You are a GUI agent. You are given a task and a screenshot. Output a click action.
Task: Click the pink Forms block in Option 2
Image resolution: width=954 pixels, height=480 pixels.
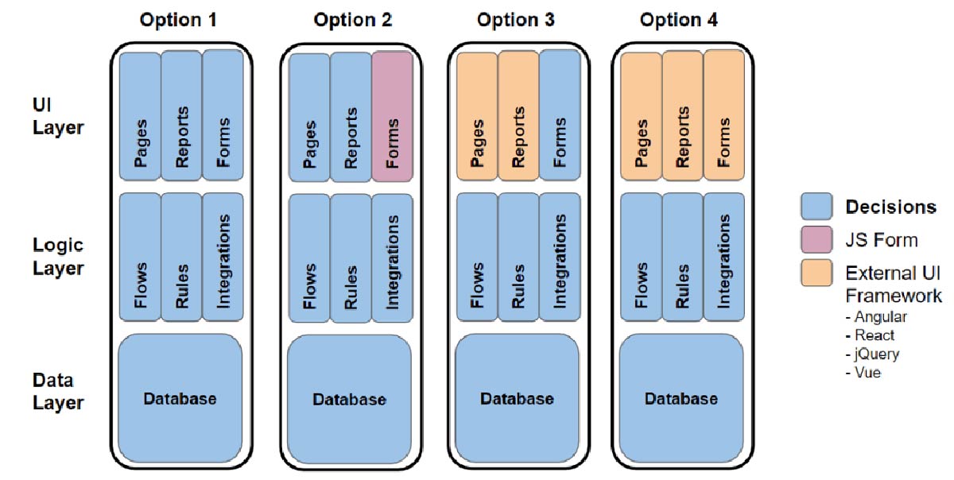[x=392, y=116]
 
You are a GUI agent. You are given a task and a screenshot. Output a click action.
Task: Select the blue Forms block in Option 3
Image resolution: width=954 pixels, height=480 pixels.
[x=560, y=115]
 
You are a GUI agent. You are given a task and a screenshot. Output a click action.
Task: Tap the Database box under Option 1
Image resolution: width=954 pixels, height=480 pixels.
[x=180, y=398]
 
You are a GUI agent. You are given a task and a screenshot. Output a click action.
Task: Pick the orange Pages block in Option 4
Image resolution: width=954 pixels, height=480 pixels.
[x=641, y=116]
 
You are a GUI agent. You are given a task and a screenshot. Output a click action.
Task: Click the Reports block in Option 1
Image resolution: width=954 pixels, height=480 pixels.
[x=181, y=115]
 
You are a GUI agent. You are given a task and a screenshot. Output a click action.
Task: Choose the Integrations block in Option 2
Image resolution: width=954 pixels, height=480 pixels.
[x=392, y=258]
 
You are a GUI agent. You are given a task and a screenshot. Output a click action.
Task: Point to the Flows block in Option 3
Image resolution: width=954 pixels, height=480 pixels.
[x=477, y=257]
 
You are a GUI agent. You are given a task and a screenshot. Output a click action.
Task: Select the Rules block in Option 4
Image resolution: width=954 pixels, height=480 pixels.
[x=683, y=257]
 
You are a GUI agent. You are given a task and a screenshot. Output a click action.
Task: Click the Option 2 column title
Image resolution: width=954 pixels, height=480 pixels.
[x=353, y=20]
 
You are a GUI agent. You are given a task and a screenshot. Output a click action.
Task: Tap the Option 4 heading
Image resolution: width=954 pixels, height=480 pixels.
[x=678, y=20]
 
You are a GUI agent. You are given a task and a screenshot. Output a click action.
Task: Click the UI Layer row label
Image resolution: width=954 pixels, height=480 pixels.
[x=58, y=116]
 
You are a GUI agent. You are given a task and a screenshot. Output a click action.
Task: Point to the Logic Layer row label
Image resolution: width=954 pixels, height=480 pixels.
[x=58, y=257]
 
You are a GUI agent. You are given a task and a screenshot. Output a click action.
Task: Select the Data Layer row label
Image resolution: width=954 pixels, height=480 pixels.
[x=58, y=392]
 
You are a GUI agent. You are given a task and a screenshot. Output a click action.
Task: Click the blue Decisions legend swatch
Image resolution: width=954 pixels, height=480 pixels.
[x=816, y=207]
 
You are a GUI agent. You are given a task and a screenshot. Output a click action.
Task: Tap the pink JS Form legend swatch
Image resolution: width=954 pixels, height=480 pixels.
[x=816, y=240]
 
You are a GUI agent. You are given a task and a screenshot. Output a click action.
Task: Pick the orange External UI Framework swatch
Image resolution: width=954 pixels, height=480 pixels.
[x=816, y=273]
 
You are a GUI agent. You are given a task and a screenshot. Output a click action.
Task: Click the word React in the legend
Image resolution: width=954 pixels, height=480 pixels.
[x=874, y=335]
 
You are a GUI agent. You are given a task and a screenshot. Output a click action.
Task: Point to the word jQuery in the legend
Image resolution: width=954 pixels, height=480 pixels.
[x=877, y=354]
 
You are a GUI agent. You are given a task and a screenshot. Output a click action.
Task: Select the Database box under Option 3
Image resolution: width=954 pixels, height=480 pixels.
[x=518, y=398]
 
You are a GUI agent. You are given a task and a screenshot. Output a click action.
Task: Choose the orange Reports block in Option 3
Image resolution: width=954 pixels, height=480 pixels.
[x=518, y=115]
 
